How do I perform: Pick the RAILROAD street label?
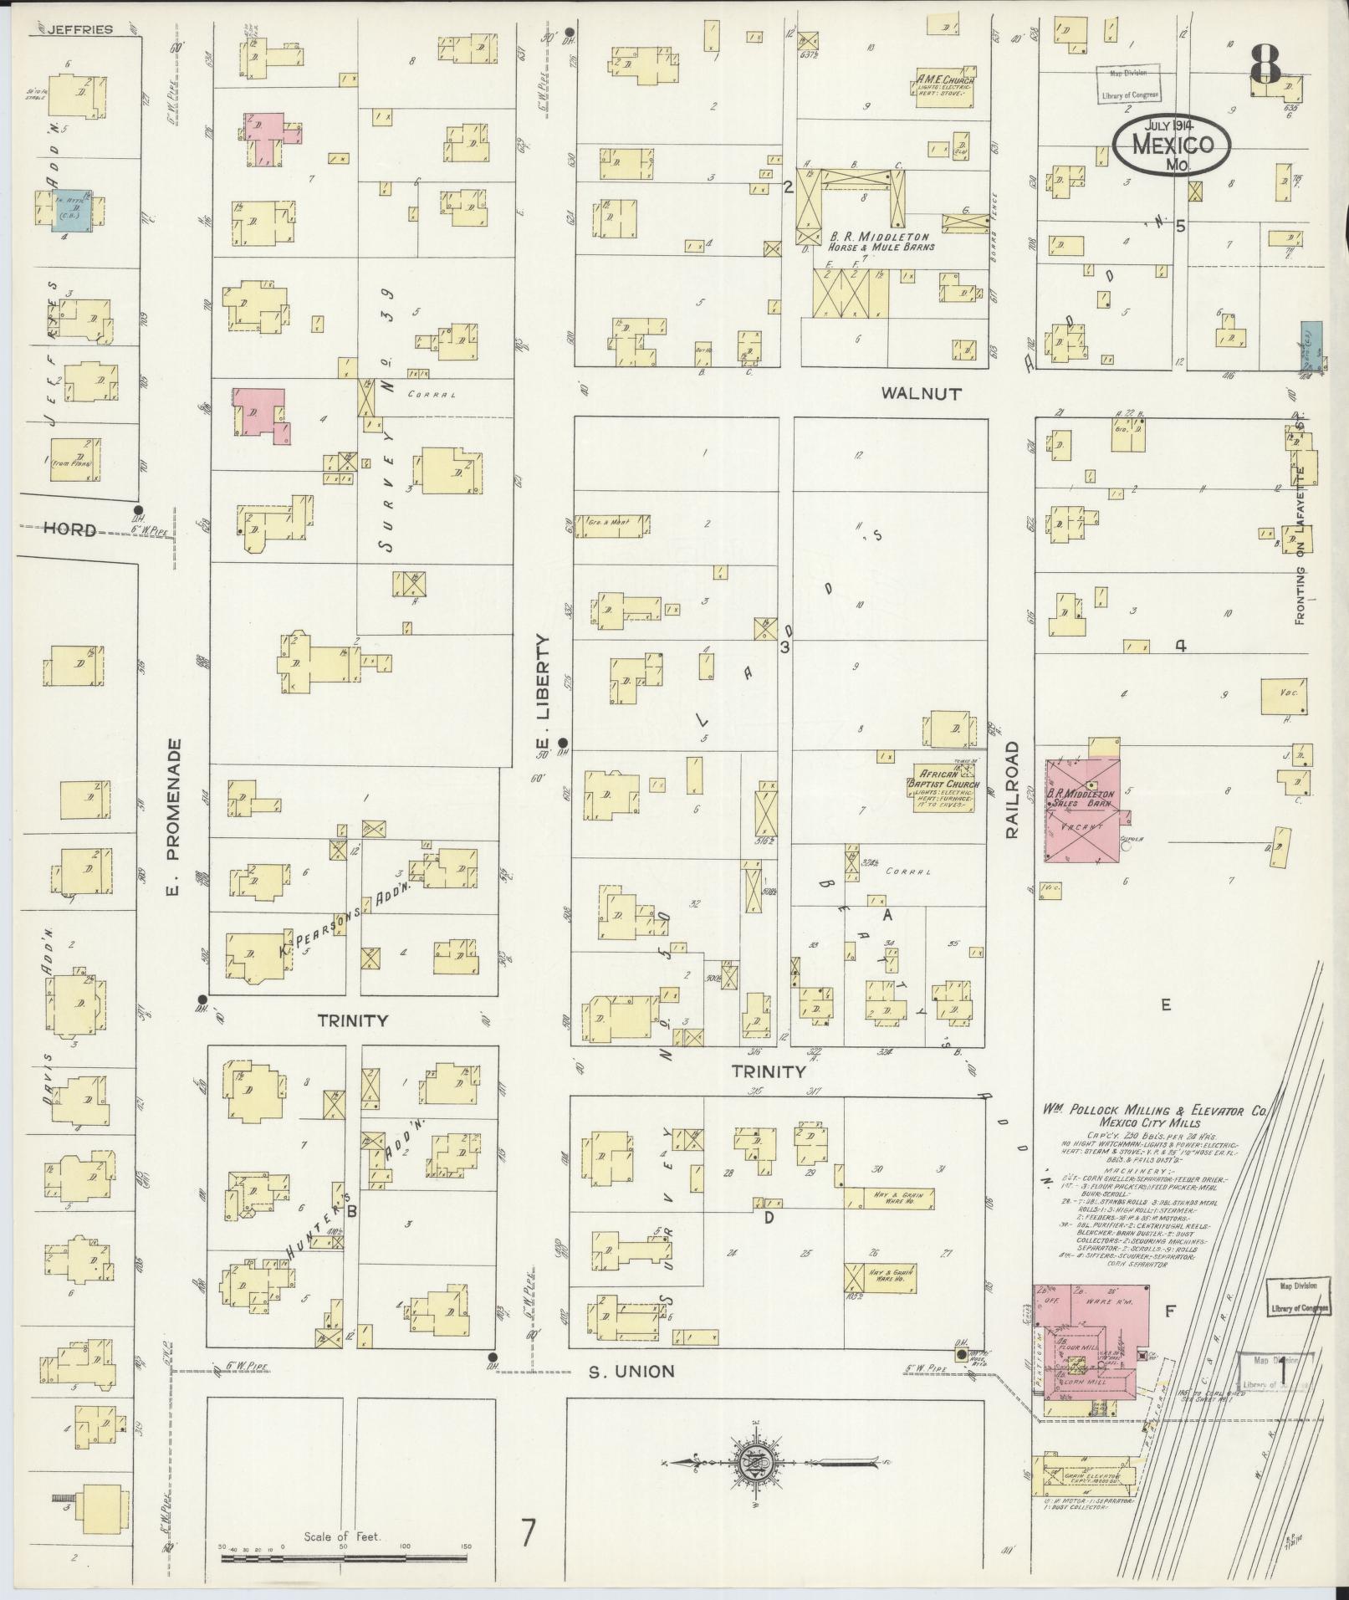(x=1013, y=790)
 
